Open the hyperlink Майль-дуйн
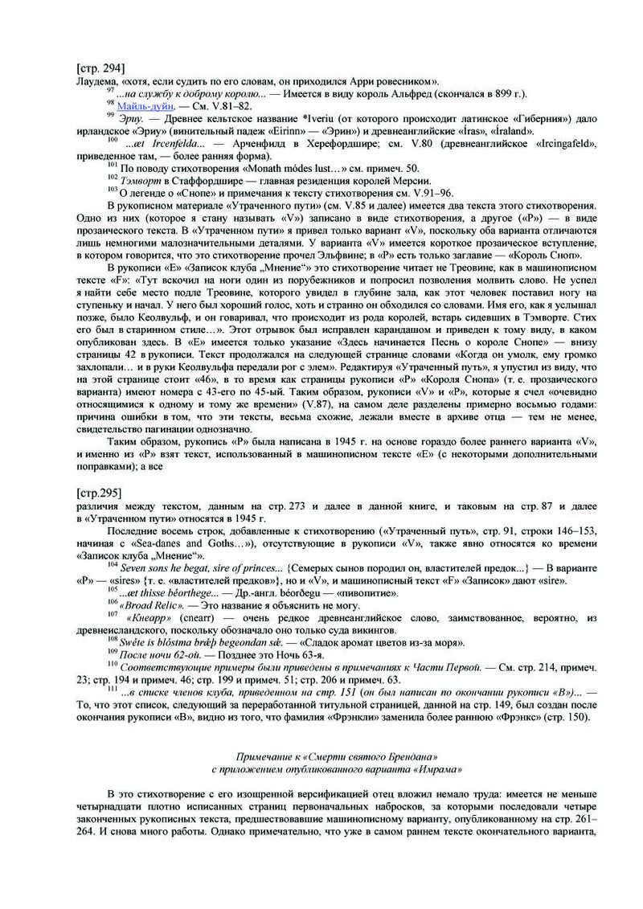point(144,105)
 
